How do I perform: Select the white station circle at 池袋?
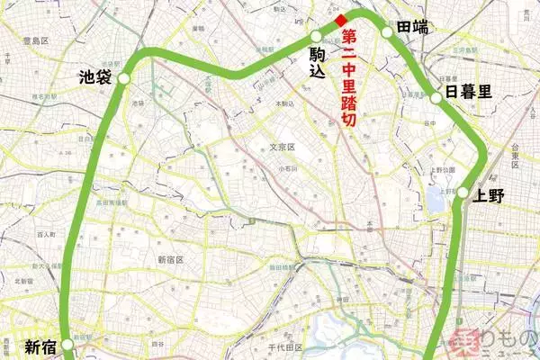pyautogui.click(x=124, y=79)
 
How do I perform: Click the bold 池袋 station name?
pyautogui.click(x=94, y=77)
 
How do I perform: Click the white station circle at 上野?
pyautogui.click(x=462, y=193)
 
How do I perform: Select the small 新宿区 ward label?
pyautogui.click(x=170, y=259)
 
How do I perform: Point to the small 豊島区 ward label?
pyautogui.click(x=19, y=40)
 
